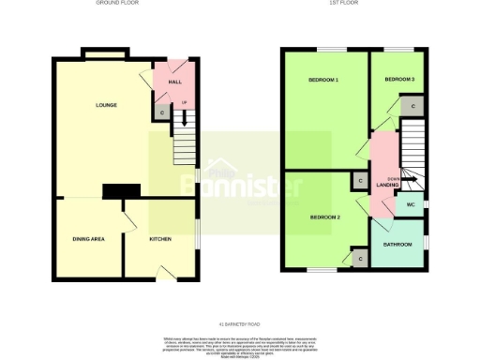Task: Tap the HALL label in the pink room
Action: point(174,82)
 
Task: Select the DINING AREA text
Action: point(88,240)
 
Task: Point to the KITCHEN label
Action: point(160,240)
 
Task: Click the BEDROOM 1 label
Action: point(323,81)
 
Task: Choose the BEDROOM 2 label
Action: point(324,217)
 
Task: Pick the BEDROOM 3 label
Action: point(399,81)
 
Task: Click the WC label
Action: point(410,204)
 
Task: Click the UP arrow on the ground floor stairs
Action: point(184,117)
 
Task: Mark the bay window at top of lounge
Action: point(105,57)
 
